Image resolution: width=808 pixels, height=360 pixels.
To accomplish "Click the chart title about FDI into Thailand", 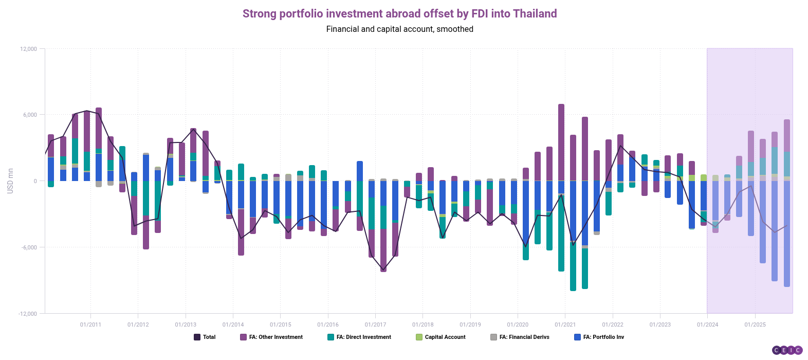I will pyautogui.click(x=399, y=14).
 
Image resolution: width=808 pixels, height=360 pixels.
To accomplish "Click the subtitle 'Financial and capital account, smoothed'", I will pyautogui.click(x=399, y=29).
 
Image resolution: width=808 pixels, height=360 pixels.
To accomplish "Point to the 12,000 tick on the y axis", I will pyautogui.click(x=29, y=49).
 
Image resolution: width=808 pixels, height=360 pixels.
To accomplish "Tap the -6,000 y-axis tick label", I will pyautogui.click(x=29, y=247).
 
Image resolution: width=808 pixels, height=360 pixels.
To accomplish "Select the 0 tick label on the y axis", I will pyautogui.click(x=35, y=181).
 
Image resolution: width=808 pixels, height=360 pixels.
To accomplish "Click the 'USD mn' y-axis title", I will pyautogui.click(x=10, y=181).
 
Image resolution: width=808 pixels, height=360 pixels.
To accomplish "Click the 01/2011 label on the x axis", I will pyautogui.click(x=90, y=325).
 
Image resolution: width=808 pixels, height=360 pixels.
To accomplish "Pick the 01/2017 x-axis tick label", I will pyautogui.click(x=375, y=325).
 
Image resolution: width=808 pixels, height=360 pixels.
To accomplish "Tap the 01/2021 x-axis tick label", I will pyautogui.click(x=565, y=325).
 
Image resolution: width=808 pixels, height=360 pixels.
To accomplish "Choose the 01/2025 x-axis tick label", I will pyautogui.click(x=755, y=325).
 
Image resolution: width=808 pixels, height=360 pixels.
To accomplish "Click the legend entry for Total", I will pyautogui.click(x=205, y=337).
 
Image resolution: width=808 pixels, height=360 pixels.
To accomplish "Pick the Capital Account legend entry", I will pyautogui.click(x=440, y=337).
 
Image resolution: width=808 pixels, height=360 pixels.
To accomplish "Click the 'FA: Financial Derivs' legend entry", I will pyautogui.click(x=520, y=337).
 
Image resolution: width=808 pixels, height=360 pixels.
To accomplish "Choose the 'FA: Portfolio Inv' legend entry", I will pyautogui.click(x=599, y=337).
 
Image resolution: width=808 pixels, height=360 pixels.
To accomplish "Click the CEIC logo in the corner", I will pyautogui.click(x=787, y=350).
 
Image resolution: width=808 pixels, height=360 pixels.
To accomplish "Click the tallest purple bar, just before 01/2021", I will pyautogui.click(x=561, y=144).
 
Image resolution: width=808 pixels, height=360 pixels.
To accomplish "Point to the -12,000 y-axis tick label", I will pyautogui.click(x=28, y=314).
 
